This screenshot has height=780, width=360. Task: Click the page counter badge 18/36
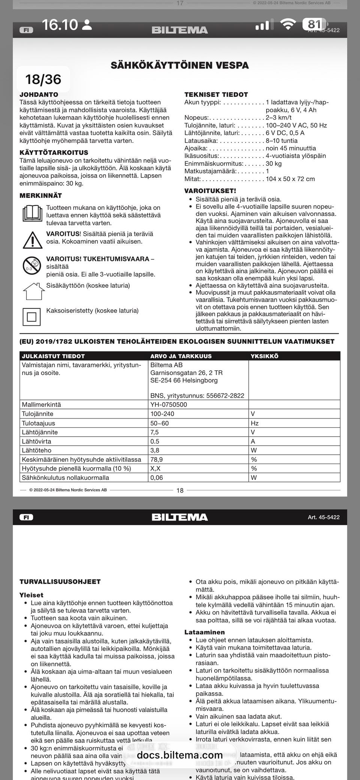(x=43, y=79)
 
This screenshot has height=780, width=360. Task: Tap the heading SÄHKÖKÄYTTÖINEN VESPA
(x=180, y=65)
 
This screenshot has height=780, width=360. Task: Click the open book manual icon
(x=32, y=214)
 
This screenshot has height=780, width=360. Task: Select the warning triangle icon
(x=32, y=240)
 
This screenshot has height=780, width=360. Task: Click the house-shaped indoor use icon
(x=31, y=291)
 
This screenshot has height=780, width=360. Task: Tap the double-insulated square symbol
(x=31, y=317)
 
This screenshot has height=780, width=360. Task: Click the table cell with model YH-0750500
(x=168, y=404)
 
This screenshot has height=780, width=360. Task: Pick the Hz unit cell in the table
(x=255, y=423)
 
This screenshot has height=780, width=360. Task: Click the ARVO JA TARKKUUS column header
(x=181, y=356)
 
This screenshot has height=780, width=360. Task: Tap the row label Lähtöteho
(x=36, y=451)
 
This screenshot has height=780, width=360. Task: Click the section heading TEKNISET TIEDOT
(x=216, y=94)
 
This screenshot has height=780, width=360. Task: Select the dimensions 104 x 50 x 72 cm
(x=290, y=179)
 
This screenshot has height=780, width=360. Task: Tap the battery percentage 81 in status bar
(x=314, y=24)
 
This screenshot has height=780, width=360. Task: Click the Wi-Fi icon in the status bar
(x=288, y=25)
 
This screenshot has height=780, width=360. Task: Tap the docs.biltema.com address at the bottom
(x=180, y=755)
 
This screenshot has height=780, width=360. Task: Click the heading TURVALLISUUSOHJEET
(x=60, y=582)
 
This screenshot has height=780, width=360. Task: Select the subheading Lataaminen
(x=204, y=632)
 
